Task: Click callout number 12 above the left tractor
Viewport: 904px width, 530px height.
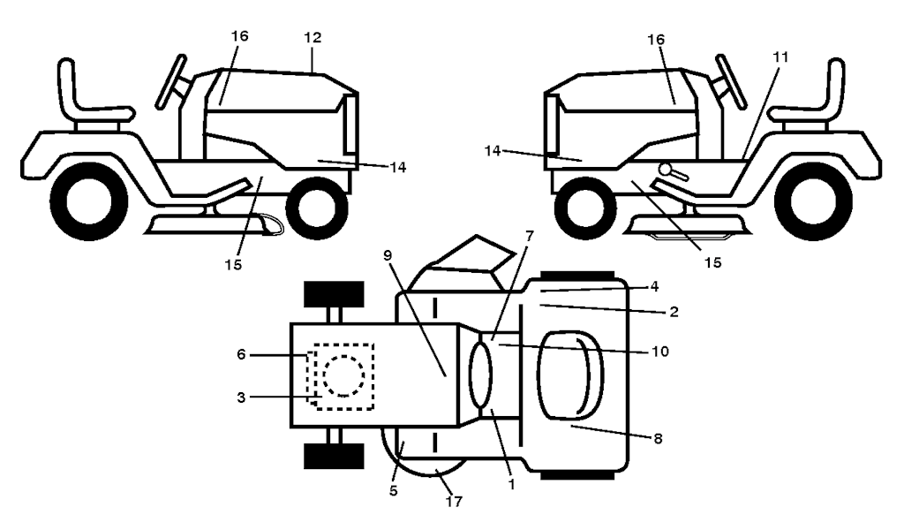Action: [x=313, y=37]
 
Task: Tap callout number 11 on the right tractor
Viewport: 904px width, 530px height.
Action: [x=780, y=57]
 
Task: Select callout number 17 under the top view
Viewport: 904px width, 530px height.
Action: [x=455, y=502]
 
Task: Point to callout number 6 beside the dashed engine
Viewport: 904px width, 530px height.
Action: [x=241, y=355]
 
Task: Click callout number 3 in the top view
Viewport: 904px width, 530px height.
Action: [x=241, y=397]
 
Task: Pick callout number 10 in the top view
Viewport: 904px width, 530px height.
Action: [x=660, y=352]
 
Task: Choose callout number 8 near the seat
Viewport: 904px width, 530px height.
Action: [x=658, y=439]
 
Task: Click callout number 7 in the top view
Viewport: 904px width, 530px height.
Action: [x=530, y=236]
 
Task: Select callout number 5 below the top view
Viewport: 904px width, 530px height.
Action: [x=394, y=491]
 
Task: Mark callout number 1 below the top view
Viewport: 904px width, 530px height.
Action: [x=511, y=485]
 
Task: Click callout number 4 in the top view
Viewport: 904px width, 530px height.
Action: [x=654, y=286]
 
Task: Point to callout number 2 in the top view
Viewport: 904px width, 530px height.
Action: [x=674, y=312]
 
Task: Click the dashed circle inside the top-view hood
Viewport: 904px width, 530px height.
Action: [x=343, y=376]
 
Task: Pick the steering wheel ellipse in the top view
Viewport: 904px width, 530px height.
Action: [x=480, y=375]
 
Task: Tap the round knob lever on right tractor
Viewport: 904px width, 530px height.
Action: [x=672, y=172]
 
